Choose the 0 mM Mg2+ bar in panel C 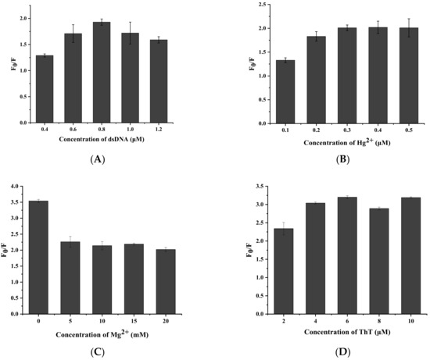click(45, 257)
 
